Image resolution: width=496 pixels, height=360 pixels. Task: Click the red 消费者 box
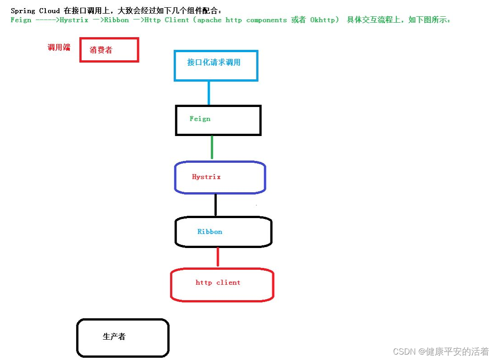coord(109,50)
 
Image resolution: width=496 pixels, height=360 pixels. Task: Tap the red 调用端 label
coord(59,47)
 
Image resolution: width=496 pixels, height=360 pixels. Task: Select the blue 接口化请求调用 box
coord(216,66)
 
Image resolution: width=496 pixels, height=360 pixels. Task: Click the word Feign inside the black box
coord(200,119)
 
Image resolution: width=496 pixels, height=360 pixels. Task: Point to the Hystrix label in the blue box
coord(206,177)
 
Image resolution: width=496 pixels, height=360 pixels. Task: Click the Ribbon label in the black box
coord(210,232)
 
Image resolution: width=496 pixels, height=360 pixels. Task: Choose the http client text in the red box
coord(218,282)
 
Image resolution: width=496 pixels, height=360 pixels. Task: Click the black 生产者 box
coord(123,338)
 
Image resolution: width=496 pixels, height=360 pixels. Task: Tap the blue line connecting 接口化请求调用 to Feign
coord(209,93)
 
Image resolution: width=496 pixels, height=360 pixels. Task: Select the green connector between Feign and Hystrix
coord(212,147)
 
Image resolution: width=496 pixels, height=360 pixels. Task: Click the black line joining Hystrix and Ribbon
coord(216,204)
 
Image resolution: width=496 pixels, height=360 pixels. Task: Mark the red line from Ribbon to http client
coord(218,257)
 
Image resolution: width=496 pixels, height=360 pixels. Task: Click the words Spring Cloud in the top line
coord(35,10)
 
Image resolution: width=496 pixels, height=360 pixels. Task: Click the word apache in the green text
coord(210,20)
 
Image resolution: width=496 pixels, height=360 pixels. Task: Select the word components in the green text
coord(266,20)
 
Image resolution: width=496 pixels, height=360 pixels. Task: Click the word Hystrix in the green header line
coord(74,20)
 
